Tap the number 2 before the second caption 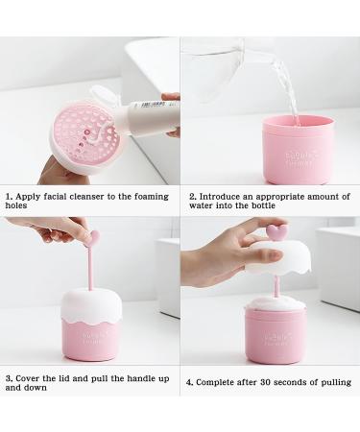191,196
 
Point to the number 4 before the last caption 189,381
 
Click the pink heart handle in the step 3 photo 93,236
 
